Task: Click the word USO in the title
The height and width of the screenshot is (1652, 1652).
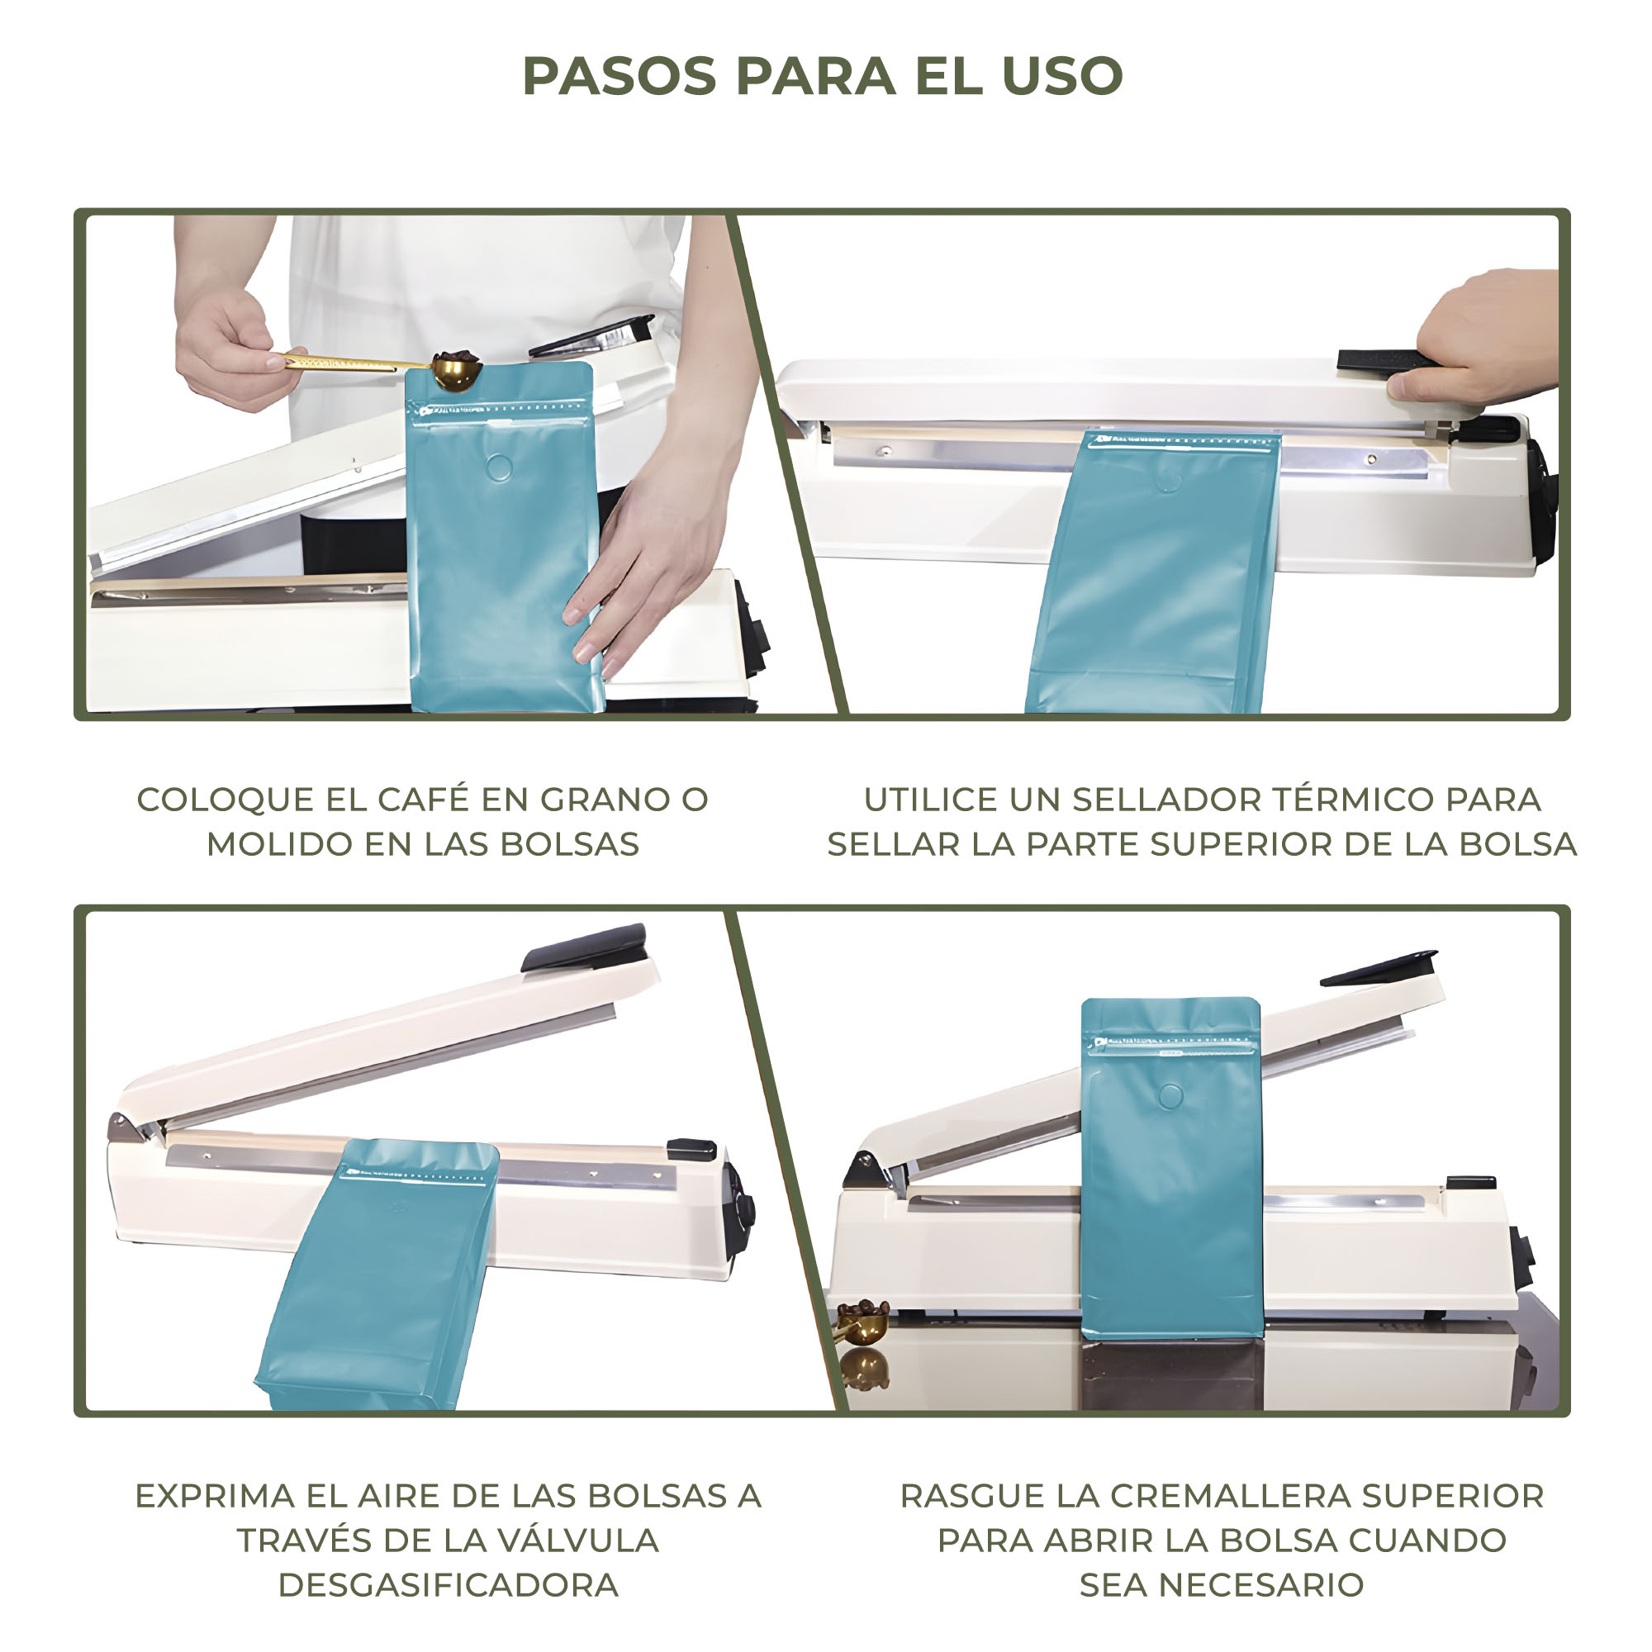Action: (x=1062, y=76)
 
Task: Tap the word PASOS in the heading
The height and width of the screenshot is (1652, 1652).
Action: (x=619, y=76)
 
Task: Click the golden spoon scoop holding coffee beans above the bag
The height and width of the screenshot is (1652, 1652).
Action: (x=456, y=370)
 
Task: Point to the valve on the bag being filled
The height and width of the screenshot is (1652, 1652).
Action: (x=500, y=468)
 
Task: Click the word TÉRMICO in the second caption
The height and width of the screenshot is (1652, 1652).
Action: (x=1353, y=800)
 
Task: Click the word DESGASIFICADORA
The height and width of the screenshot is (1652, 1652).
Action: (x=448, y=1584)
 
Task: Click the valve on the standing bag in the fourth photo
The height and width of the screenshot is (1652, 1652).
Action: (x=1170, y=1095)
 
